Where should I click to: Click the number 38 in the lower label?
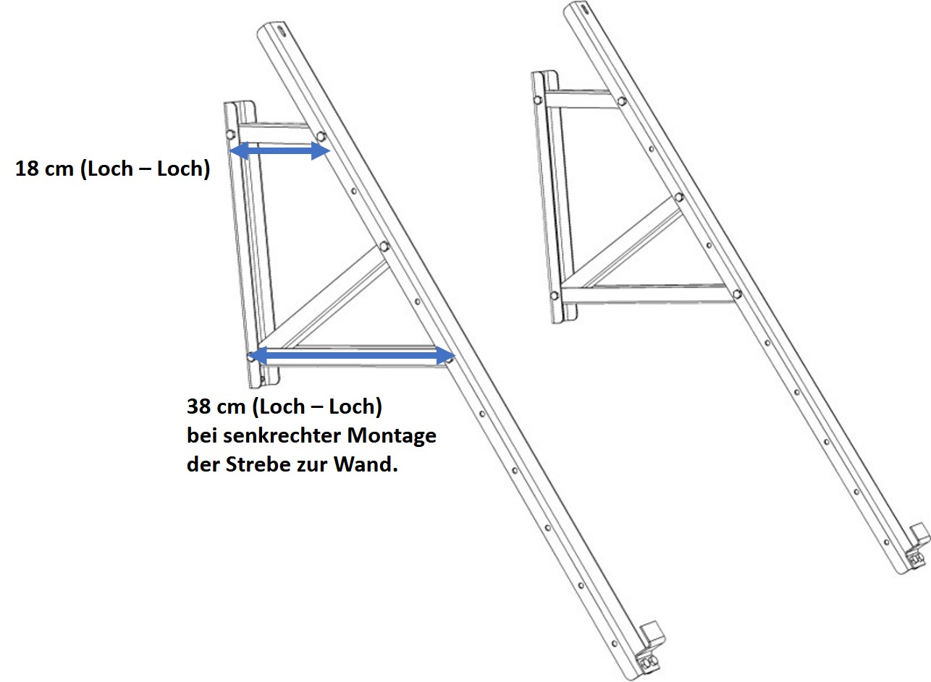click(x=200, y=406)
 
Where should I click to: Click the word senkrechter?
click(x=283, y=436)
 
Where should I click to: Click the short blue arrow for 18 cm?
click(x=279, y=150)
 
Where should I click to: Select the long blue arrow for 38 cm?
click(x=350, y=356)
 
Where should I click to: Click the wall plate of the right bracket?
click(x=552, y=195)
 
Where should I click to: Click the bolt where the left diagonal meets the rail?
click(x=384, y=246)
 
